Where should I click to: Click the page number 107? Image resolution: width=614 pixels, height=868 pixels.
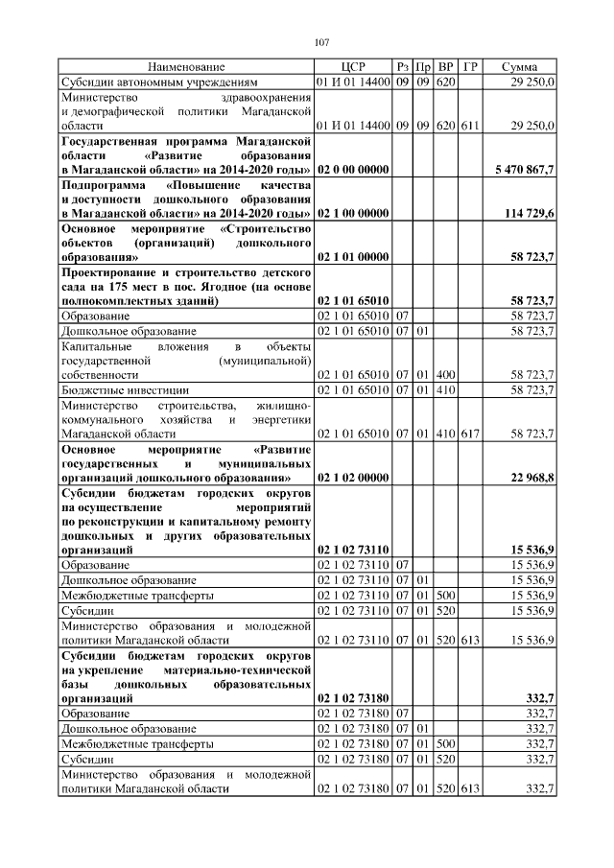[x=321, y=41]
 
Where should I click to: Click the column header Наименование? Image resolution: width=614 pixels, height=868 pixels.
[x=185, y=67]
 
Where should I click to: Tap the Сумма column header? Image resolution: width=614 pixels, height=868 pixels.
[x=519, y=67]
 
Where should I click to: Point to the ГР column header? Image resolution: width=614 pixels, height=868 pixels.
[x=470, y=67]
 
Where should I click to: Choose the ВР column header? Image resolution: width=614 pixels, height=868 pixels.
[x=445, y=67]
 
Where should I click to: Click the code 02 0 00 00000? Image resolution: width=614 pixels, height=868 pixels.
[x=352, y=170]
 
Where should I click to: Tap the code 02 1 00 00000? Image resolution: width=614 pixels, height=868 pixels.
[x=352, y=213]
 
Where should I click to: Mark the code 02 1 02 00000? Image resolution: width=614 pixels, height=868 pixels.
[x=352, y=477]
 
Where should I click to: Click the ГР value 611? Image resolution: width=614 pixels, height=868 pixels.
[x=470, y=126]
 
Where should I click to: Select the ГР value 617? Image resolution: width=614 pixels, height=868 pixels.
[x=470, y=434]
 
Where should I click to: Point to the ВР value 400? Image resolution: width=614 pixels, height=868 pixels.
[x=445, y=375]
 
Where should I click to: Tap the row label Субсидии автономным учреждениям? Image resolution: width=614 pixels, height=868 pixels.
[x=158, y=82]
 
